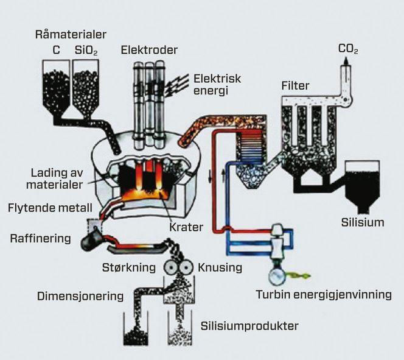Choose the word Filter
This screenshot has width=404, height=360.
pyautogui.click(x=295, y=86)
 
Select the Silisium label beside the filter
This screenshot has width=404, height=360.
pyautogui.click(x=362, y=222)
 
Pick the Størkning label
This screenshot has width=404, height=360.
pyautogui.click(x=125, y=267)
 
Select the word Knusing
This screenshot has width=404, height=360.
pyautogui.click(x=220, y=267)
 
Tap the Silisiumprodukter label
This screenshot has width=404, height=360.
pyautogui.click(x=249, y=326)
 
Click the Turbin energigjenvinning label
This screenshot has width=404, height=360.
pyautogui.click(x=323, y=295)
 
